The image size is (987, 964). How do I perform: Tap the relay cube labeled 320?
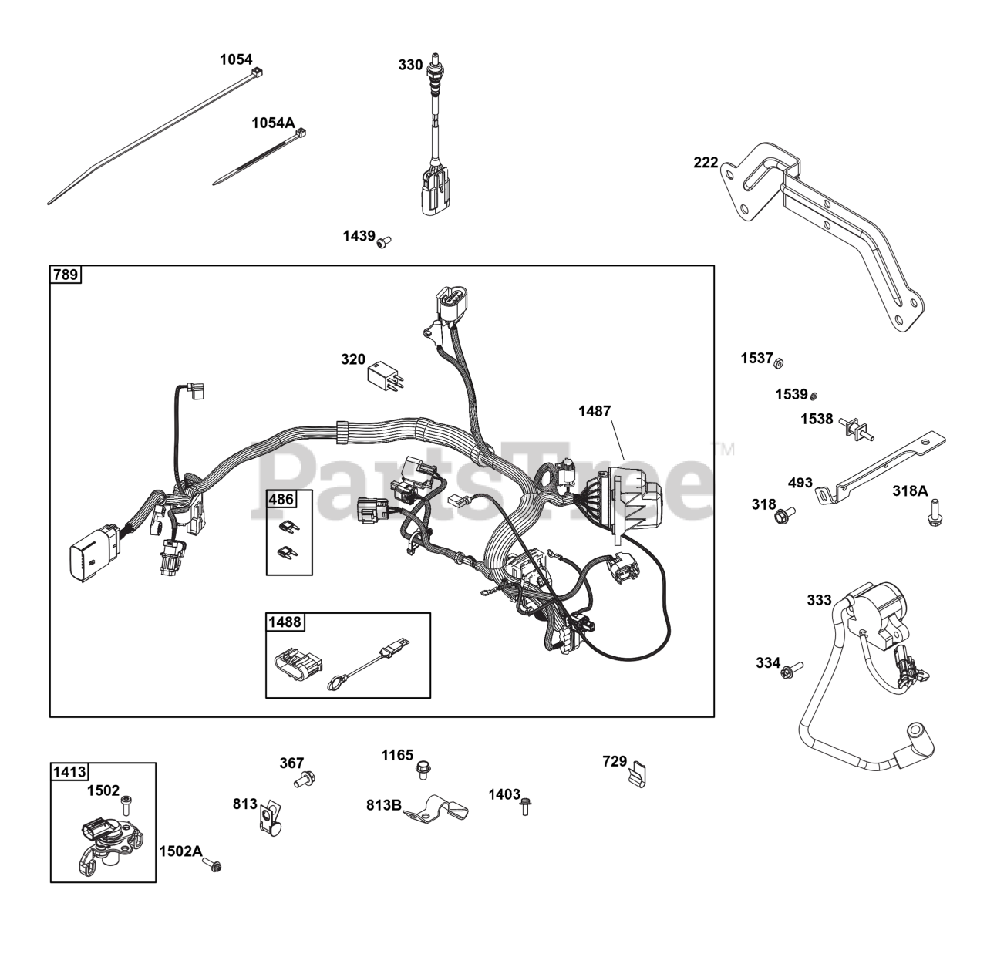pos(386,373)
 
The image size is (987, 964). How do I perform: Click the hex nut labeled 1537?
pos(779,361)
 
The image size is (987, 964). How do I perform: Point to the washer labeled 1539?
pos(813,396)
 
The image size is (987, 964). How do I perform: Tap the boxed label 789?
pos(66,275)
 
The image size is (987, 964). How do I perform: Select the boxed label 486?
pos(281,499)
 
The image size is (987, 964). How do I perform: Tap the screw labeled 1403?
pos(526,806)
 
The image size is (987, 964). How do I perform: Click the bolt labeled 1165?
pos(423,768)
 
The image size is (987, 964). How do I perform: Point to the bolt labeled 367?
pos(306,780)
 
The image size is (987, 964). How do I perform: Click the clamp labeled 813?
pos(266,819)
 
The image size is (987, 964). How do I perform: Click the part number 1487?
pos(594,411)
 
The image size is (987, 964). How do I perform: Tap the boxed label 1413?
pos(69,771)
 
